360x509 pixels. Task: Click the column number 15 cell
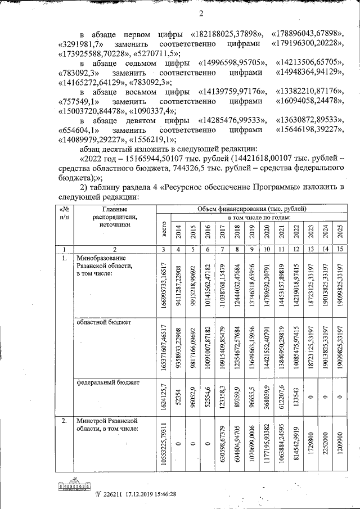pos(339,249)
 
